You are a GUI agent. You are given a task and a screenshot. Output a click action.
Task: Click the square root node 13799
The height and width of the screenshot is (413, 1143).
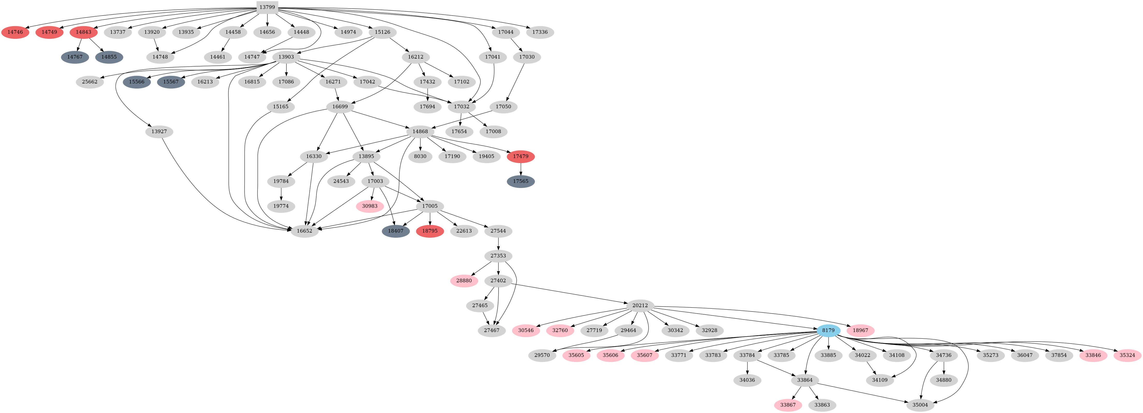click(x=267, y=7)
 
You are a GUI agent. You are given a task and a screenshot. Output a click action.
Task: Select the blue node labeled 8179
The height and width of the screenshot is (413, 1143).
click(x=828, y=330)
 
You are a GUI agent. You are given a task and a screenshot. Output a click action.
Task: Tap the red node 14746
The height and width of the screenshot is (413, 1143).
click(x=15, y=32)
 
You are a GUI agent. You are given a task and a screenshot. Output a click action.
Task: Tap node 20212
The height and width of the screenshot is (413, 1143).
click(x=640, y=305)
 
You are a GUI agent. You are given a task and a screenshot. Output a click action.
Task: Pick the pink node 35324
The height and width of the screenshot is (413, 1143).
click(x=1127, y=355)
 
